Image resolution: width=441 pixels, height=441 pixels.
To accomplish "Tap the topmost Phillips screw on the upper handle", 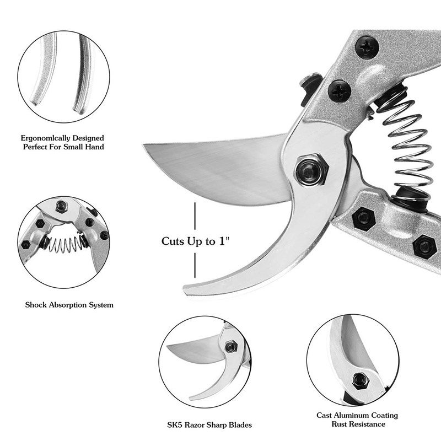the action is pos(367,47).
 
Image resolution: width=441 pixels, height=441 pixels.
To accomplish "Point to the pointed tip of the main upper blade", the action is pos(144,145).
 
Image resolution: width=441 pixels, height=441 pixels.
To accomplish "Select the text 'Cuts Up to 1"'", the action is pos(196,241).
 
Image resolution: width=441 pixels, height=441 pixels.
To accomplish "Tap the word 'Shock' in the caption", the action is pos(36,305).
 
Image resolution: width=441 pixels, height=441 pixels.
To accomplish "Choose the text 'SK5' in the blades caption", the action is pos(174,424).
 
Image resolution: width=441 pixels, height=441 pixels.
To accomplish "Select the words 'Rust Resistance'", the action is pos(358,424).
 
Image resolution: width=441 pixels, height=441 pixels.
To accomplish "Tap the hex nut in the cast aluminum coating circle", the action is pos(359,381).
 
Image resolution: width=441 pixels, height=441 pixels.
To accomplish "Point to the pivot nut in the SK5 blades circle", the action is pos(230,346).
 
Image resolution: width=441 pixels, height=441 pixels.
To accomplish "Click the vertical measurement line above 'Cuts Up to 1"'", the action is pos(195,216).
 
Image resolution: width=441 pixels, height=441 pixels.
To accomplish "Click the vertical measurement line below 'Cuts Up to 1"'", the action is pos(195,265).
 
